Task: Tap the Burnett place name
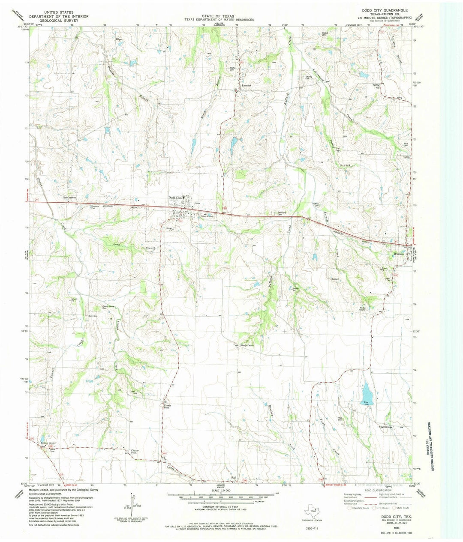pyautogui.click(x=335, y=279)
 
